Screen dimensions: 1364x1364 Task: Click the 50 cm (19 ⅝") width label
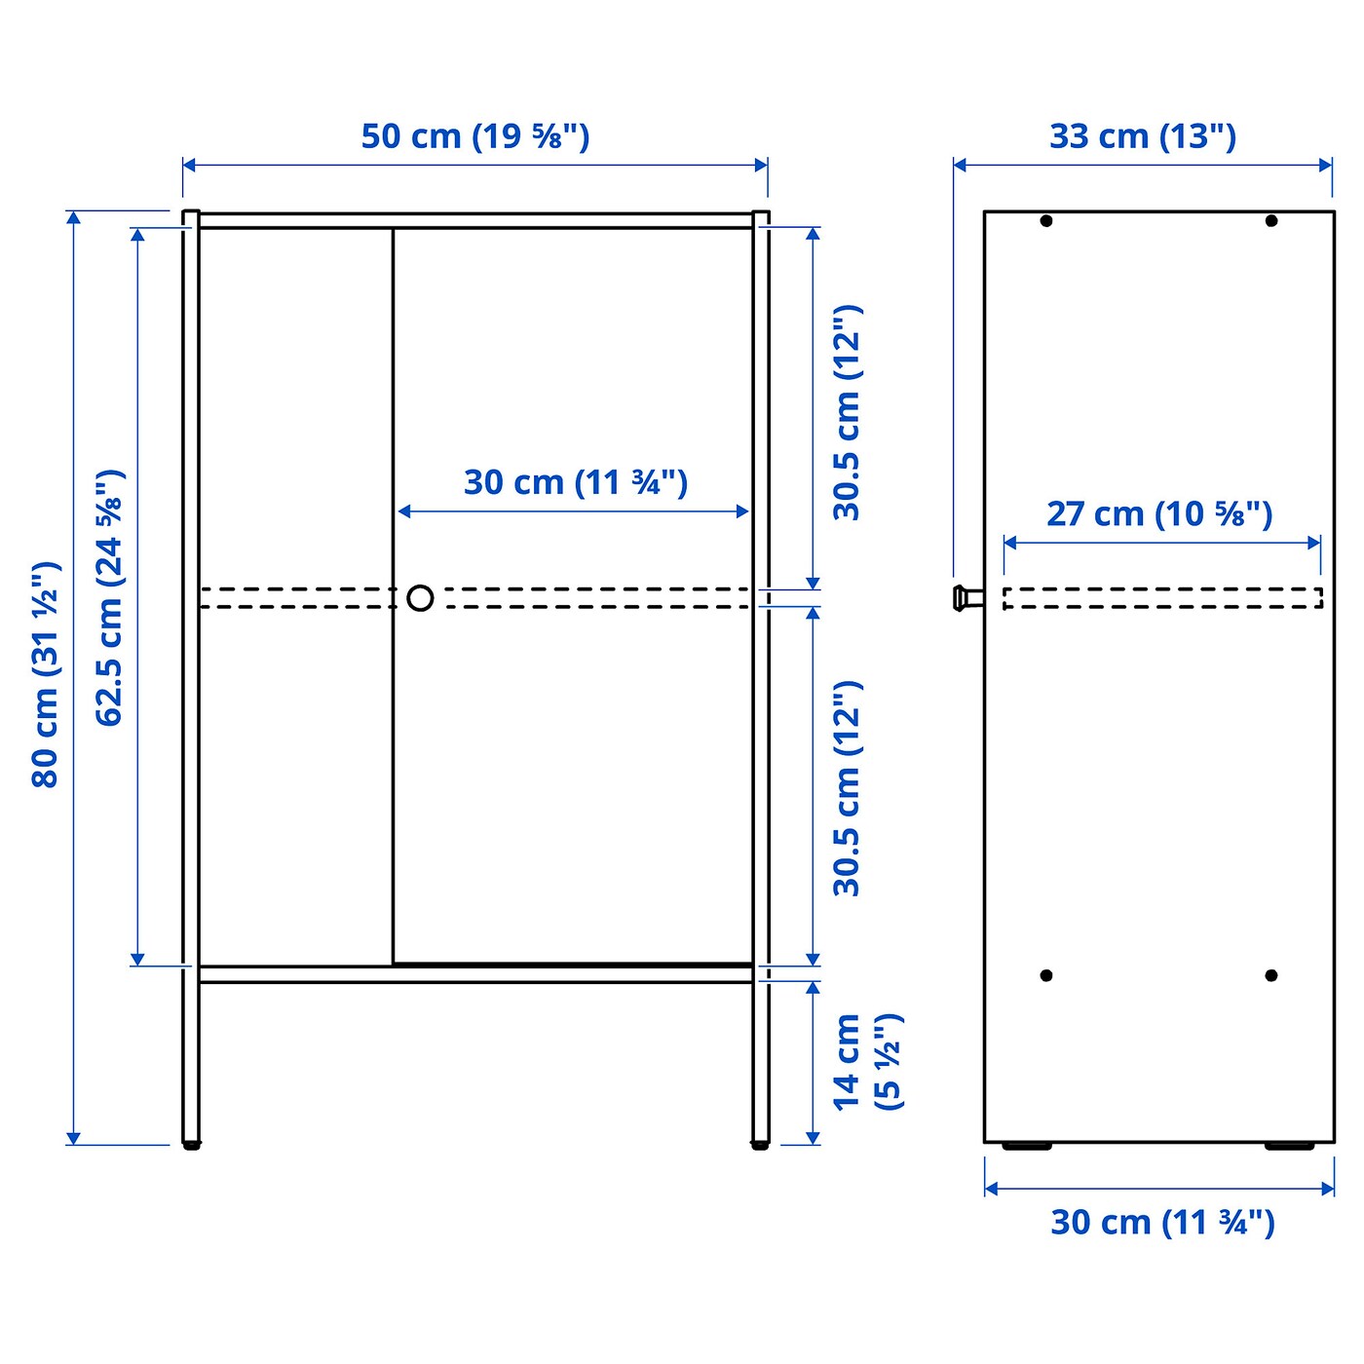[x=475, y=136]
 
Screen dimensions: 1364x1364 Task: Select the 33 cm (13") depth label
[x=1142, y=136]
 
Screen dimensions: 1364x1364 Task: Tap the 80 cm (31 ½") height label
[x=46, y=674]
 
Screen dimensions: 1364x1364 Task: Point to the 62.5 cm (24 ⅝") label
[x=109, y=597]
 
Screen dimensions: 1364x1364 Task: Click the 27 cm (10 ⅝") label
[x=1159, y=513]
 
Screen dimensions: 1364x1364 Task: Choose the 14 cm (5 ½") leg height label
[x=866, y=1061]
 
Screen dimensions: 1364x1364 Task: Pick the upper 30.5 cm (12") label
[x=847, y=412]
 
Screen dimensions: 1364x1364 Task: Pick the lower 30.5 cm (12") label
[x=847, y=788]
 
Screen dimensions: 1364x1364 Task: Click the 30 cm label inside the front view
[x=575, y=482]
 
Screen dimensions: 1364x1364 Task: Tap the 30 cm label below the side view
[x=1161, y=1222]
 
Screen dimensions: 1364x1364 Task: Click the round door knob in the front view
[x=420, y=597]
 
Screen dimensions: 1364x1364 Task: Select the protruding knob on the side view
[x=966, y=597]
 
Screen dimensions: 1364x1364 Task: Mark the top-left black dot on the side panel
[x=1046, y=221]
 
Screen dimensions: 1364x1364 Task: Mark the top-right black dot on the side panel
[x=1271, y=221]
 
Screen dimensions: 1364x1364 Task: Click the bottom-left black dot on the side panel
[x=1046, y=975]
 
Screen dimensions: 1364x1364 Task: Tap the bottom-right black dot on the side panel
[x=1271, y=975]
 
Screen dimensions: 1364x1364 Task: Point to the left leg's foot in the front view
[x=191, y=1146]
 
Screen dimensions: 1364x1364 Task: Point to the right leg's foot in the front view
[x=760, y=1146]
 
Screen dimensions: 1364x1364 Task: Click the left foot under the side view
[x=1027, y=1147]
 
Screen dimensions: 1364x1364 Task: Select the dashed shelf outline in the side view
[x=1162, y=598]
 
